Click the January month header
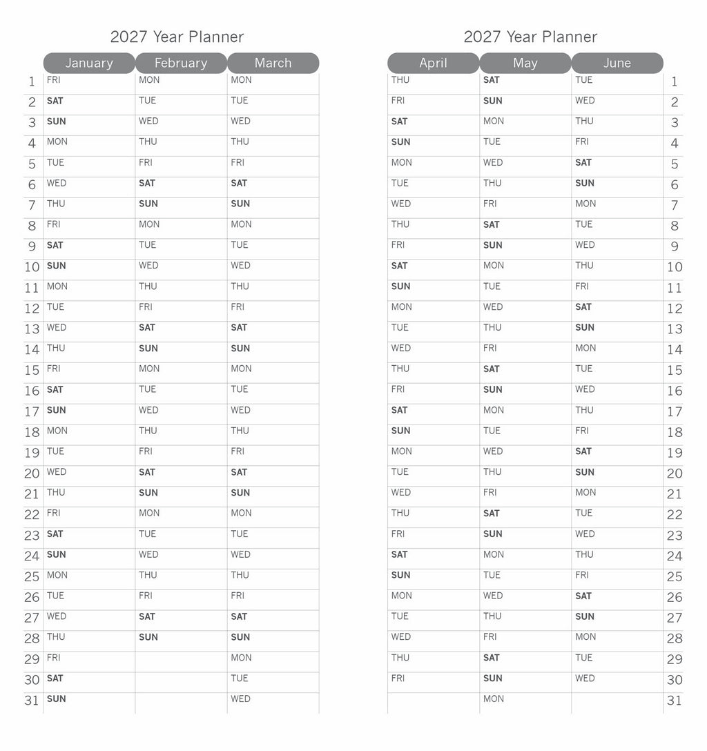(x=89, y=63)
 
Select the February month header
(x=181, y=63)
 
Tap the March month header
(x=273, y=63)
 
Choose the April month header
(x=433, y=63)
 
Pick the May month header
(x=525, y=63)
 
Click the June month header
(x=617, y=63)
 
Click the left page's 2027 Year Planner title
(x=177, y=37)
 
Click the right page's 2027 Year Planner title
(x=530, y=37)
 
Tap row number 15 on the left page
(x=32, y=371)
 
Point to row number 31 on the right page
(x=675, y=701)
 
